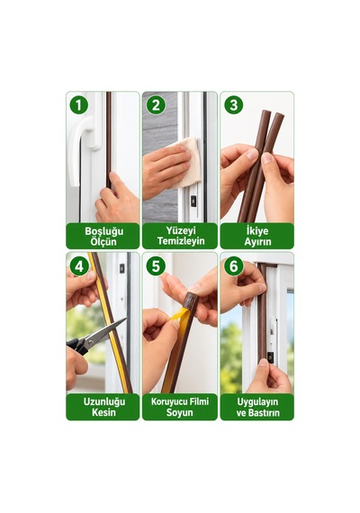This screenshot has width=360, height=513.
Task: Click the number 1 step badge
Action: coord(78,105)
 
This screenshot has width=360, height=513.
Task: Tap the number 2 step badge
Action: coord(156,105)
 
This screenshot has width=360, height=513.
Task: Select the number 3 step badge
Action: coord(233,105)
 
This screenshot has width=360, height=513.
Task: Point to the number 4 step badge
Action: coord(78,266)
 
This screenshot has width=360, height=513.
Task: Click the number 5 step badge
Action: coord(156,266)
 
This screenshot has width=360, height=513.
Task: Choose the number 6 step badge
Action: coord(233,266)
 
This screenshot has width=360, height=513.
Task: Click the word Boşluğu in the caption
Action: coord(104,231)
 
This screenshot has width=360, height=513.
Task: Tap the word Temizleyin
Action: coord(181,241)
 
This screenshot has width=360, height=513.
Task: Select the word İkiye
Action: coord(257,230)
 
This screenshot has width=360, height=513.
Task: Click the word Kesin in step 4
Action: coord(103,412)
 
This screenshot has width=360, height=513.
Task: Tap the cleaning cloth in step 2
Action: coord(187,162)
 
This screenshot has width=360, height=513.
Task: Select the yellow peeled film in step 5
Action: coord(180,319)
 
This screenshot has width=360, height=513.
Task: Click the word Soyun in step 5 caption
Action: coord(179,412)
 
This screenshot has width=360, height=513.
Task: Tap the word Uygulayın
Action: coord(257,401)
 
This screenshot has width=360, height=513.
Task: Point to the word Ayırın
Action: coord(257,241)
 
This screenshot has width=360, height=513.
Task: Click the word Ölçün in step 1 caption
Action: coord(103,241)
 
